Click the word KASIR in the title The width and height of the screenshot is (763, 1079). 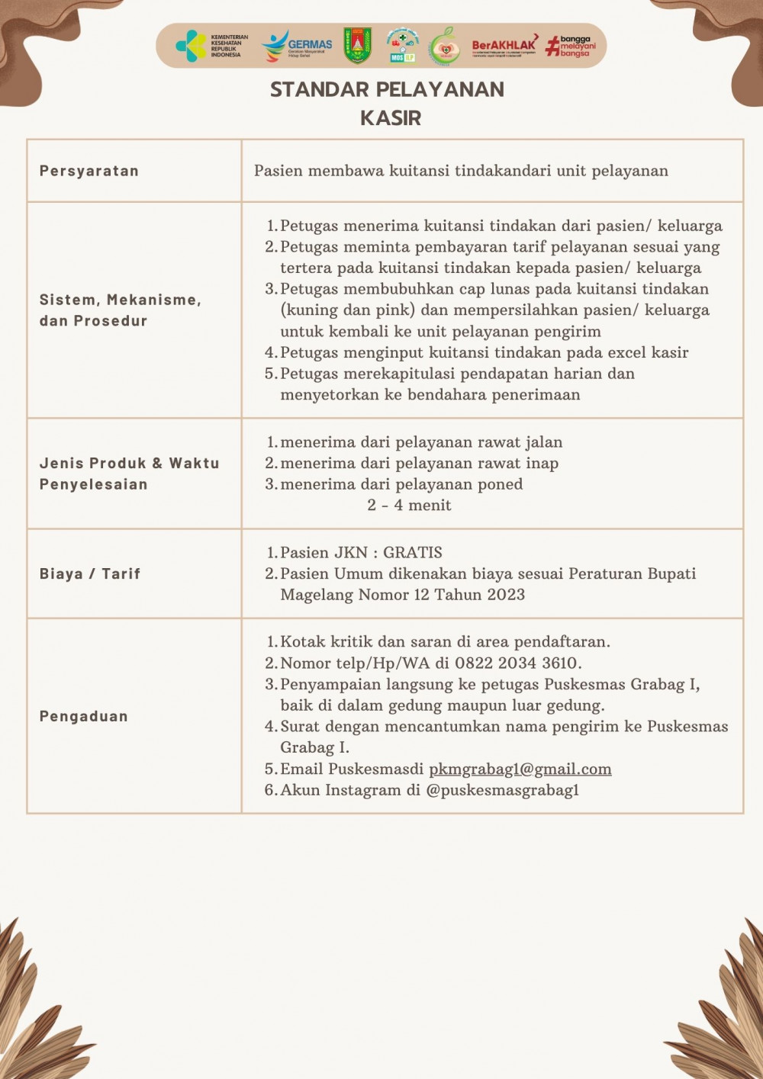click(x=391, y=118)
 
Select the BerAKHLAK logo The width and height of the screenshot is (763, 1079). click(x=504, y=46)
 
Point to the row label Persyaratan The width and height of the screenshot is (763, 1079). click(x=89, y=171)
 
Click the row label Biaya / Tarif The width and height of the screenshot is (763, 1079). click(x=90, y=573)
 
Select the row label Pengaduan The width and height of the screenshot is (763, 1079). click(x=84, y=716)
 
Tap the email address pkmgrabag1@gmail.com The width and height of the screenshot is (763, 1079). click(x=520, y=769)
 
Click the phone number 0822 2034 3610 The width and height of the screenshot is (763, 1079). click(x=518, y=663)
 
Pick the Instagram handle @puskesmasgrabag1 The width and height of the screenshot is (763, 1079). click(x=503, y=790)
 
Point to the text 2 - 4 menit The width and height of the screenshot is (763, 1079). click(x=409, y=505)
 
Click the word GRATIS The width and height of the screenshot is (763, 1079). click(x=413, y=553)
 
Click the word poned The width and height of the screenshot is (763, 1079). click(x=501, y=484)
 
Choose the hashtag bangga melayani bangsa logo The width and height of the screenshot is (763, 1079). click(x=571, y=46)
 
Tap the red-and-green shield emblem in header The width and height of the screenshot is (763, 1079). click(x=357, y=46)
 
